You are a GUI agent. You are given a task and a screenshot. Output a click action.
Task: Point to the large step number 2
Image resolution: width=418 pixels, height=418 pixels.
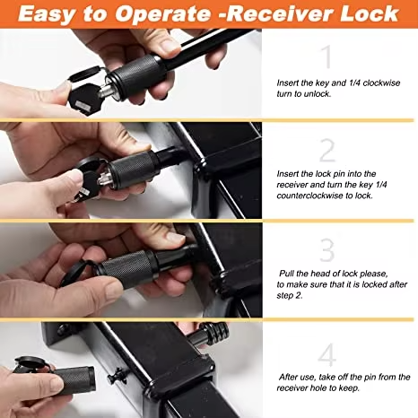click(327, 150)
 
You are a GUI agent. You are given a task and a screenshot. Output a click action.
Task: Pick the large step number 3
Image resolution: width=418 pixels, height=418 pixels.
click(327, 248)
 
